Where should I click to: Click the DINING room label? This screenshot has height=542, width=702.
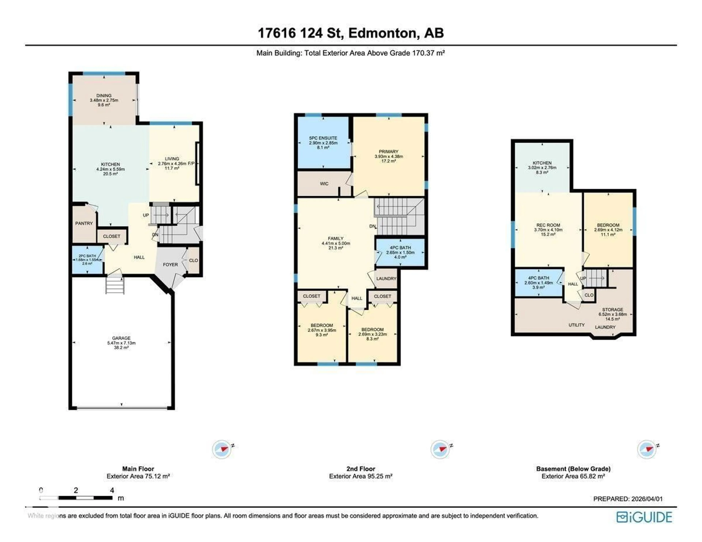pyautogui.click(x=104, y=95)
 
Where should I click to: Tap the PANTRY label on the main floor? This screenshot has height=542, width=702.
pyautogui.click(x=84, y=223)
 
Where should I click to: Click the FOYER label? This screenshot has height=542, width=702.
pyautogui.click(x=170, y=264)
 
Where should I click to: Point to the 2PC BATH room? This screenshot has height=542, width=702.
pyautogui.click(x=87, y=259)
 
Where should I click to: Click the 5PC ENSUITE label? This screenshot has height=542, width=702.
pyautogui.click(x=323, y=138)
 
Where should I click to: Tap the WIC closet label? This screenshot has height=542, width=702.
pyautogui.click(x=324, y=184)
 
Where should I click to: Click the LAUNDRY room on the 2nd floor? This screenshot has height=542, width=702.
pyautogui.click(x=386, y=278)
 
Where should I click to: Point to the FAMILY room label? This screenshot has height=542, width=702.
pyautogui.click(x=336, y=238)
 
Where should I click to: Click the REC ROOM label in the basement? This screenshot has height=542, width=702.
pyautogui.click(x=548, y=225)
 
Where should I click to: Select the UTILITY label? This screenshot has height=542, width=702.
pyautogui.click(x=576, y=325)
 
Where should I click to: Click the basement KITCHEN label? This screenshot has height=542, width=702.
pyautogui.click(x=542, y=163)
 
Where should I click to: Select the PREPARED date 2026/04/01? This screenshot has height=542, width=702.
pyautogui.click(x=647, y=499)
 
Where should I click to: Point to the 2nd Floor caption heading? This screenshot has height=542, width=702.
pyautogui.click(x=361, y=469)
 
